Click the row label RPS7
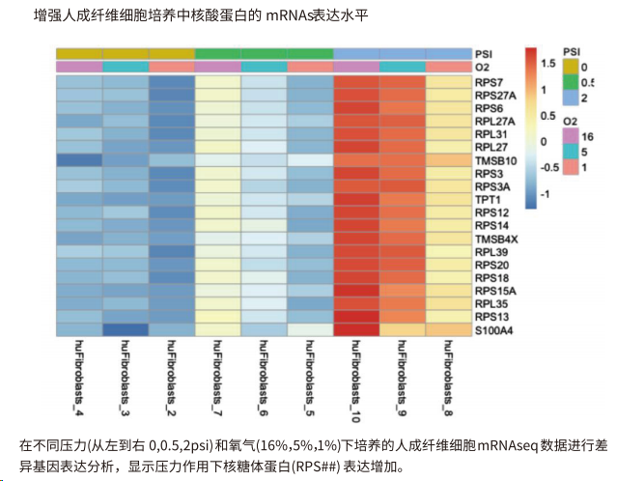(x=488, y=83)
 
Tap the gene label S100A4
(x=493, y=330)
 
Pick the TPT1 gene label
(x=487, y=199)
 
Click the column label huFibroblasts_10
(x=356, y=382)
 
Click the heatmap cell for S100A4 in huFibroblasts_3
(x=126, y=329)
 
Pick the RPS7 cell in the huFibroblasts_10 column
(x=356, y=82)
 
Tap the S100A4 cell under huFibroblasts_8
(x=448, y=329)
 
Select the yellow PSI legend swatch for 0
(x=571, y=65)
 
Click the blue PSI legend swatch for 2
(x=571, y=98)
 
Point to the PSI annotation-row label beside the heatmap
(x=484, y=53)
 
